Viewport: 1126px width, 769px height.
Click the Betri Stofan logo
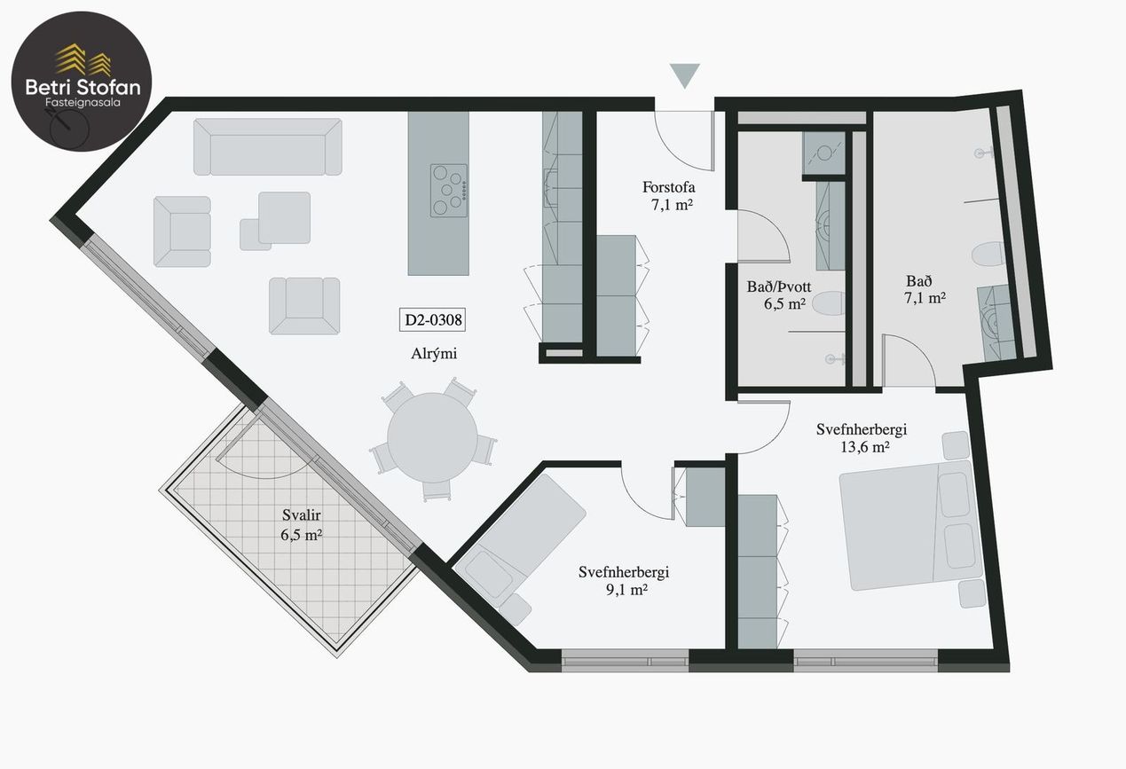tap(82, 81)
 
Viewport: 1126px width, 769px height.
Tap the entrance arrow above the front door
tap(684, 75)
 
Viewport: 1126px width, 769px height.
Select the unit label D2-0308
tap(432, 319)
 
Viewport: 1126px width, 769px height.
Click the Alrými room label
tap(434, 353)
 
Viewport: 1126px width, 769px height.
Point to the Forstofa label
tap(668, 187)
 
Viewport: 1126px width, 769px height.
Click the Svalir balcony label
tap(301, 515)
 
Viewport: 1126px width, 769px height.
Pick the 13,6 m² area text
tap(864, 447)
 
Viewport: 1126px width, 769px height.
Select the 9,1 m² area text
tap(626, 589)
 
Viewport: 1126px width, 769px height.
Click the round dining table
tap(432, 437)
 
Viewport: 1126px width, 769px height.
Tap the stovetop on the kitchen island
tap(448, 191)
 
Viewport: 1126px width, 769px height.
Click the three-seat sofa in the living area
tap(267, 146)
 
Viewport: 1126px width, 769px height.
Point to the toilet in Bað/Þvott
tap(829, 303)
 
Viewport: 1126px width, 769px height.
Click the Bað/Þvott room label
tap(779, 286)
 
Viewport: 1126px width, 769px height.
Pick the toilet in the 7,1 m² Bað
tap(988, 254)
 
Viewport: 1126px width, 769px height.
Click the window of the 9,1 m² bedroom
tap(625, 661)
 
